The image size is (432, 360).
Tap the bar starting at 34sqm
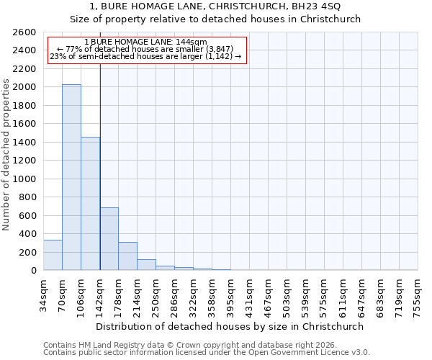pos(53,255)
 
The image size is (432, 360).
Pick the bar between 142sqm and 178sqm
pos(109,238)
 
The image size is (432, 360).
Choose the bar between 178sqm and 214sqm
pos(127,256)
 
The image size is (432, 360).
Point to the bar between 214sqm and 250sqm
pos(146,264)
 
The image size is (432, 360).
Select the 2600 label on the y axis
pos(26,32)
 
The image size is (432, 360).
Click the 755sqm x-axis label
pos(418,293)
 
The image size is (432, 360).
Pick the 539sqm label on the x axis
pos(306,293)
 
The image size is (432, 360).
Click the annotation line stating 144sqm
pos(145,42)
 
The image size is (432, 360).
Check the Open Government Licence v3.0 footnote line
pos(206,353)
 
